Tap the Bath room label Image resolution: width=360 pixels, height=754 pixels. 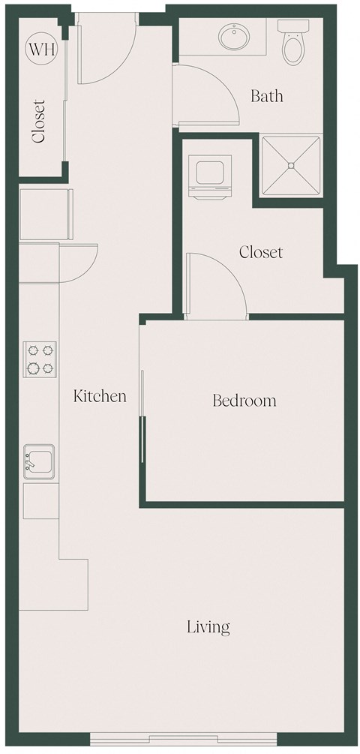coord(266,96)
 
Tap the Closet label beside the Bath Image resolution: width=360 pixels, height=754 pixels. coord(260,252)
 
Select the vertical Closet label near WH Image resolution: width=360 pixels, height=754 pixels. coord(39,122)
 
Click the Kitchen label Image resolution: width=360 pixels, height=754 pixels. coord(99,396)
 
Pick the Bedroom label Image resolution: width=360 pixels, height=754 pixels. coord(244,401)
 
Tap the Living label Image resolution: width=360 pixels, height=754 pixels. coord(208,626)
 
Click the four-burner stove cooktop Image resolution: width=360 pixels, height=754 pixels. coord(40,359)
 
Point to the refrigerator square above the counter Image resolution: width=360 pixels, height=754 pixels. coord(45,214)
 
